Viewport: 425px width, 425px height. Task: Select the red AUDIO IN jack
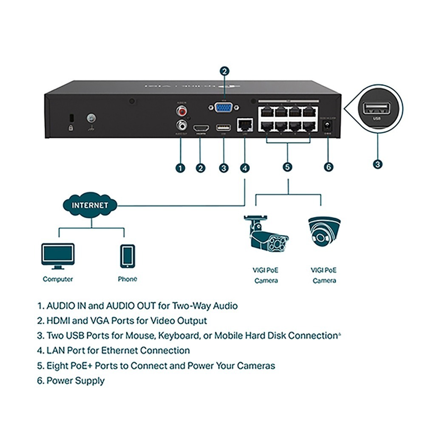[x=182, y=112]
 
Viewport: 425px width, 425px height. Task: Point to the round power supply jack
[x=328, y=125]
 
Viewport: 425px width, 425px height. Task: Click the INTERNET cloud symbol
[x=90, y=205]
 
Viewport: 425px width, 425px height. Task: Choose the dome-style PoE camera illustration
[x=324, y=232]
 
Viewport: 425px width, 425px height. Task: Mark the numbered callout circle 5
[x=288, y=167]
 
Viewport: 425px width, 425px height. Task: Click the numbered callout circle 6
[x=329, y=167]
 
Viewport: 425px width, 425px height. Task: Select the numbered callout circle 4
[x=245, y=168]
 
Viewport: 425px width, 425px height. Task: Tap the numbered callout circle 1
[x=180, y=168]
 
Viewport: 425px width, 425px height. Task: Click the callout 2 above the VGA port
[x=224, y=71]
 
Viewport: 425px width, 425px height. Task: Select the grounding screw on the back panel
[x=91, y=118]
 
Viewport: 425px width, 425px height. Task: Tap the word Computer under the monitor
[x=58, y=279]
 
